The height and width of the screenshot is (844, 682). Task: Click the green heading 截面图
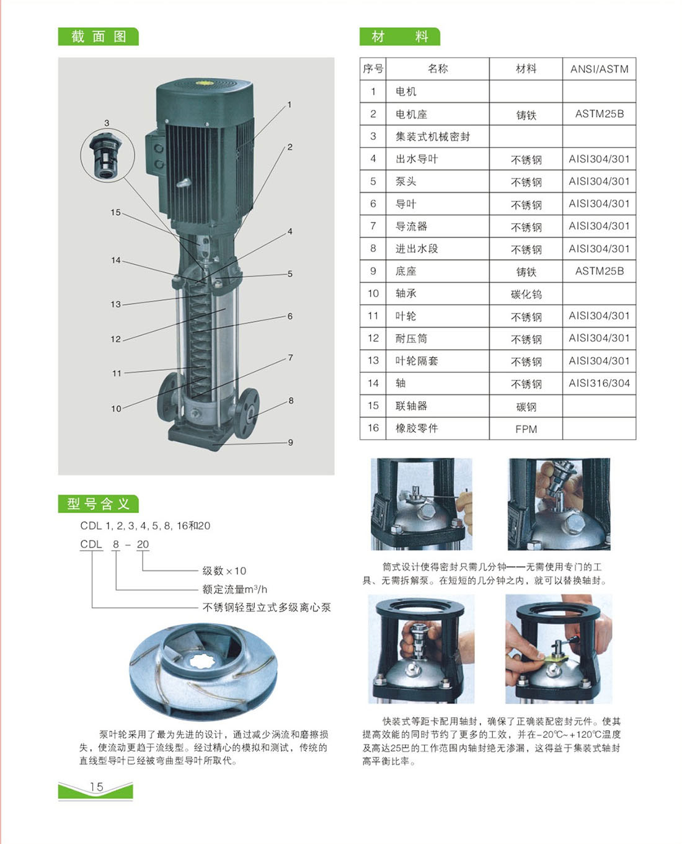[x=99, y=37]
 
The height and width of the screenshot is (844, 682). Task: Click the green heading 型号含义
[x=98, y=504]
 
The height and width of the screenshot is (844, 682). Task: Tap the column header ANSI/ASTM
[x=599, y=69]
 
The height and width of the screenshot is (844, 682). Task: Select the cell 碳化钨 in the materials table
[x=526, y=294]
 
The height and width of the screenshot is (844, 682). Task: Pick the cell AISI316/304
[x=599, y=383]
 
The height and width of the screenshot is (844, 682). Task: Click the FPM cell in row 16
[x=526, y=429]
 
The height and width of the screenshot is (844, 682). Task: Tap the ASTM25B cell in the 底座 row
[x=599, y=271]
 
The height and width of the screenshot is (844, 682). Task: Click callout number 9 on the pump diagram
[x=290, y=442]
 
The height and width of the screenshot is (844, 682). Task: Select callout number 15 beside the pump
[x=115, y=212]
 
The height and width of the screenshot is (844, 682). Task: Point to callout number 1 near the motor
[x=290, y=105]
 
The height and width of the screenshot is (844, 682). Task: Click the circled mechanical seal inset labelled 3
[x=107, y=155]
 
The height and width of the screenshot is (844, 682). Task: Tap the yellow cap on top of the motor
[x=206, y=83]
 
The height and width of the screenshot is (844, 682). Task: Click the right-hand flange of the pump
[x=249, y=413]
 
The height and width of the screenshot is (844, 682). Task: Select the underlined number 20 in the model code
[x=143, y=544]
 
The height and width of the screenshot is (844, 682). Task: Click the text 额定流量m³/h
[x=234, y=589]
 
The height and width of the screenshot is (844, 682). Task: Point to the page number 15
[x=96, y=786]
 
